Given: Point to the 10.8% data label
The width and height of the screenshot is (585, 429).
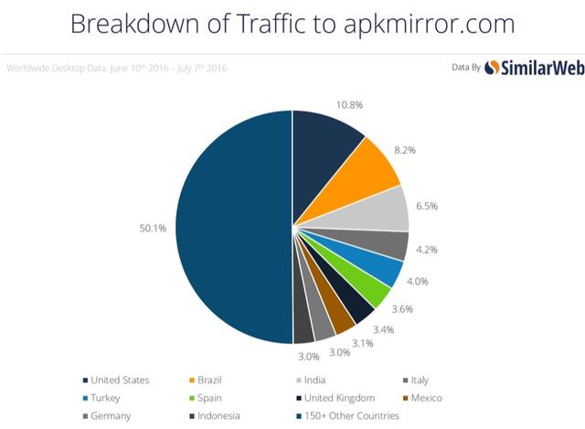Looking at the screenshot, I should click(348, 104).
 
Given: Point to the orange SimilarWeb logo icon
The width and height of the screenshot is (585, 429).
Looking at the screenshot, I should click(492, 67).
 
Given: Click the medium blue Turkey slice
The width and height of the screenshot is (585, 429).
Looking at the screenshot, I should click(384, 272).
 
